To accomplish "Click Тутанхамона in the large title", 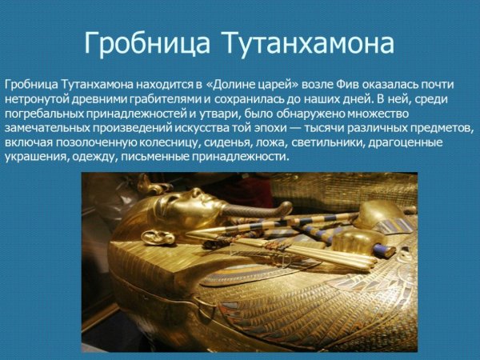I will [310, 42].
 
